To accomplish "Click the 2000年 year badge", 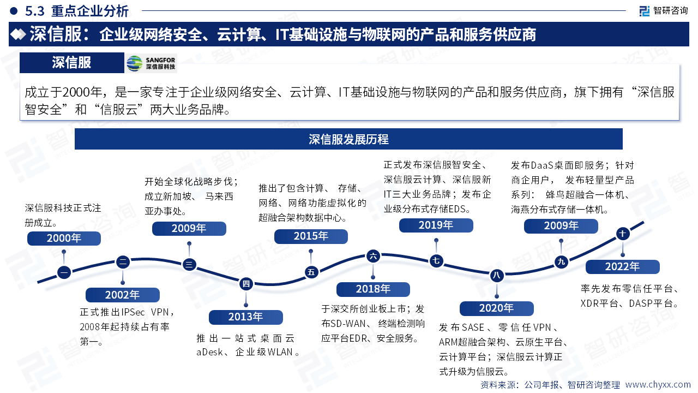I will tap(64, 238).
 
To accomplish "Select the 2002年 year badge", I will tap(123, 295).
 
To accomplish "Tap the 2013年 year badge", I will tap(246, 317).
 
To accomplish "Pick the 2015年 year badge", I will tap(311, 236).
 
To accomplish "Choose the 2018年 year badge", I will tap(373, 289).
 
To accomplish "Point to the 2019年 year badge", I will tap(436, 225).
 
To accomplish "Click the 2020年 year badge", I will tap(496, 308).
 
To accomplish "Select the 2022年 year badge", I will tap(622, 267).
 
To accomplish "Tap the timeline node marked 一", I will tap(64, 272).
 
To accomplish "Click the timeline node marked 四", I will tap(246, 283).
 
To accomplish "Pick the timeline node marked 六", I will tap(373, 255).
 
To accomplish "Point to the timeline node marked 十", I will tap(622, 234).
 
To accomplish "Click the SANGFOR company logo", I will tap(151, 63).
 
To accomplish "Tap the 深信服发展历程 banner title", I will tap(348, 139).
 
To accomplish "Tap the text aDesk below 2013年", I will tap(209, 352).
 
